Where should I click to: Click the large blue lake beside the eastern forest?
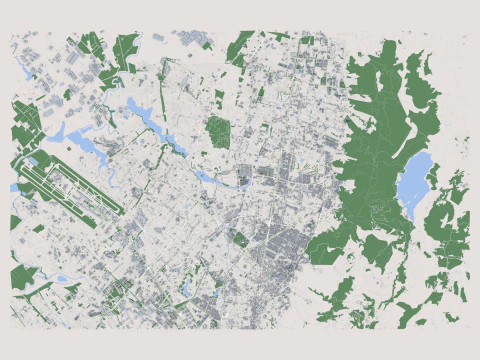(x=415, y=180)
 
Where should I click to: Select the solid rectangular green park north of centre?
(x=218, y=131)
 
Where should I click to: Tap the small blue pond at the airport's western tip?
(x=14, y=187)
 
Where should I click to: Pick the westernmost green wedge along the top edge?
(x=89, y=46)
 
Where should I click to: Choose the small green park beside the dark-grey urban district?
(x=240, y=239)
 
